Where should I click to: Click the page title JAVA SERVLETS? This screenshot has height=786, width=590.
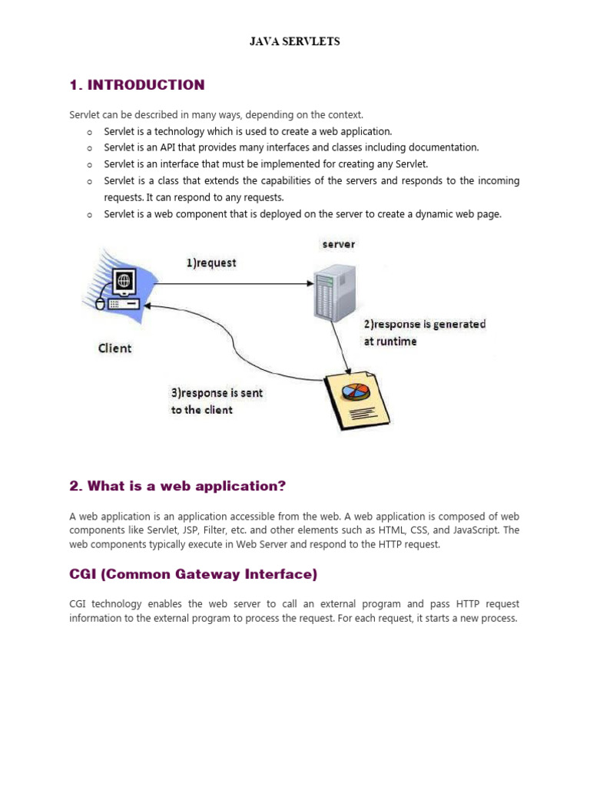294,41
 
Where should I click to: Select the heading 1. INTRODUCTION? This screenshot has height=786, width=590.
137,85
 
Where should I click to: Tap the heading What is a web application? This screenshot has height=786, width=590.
177,486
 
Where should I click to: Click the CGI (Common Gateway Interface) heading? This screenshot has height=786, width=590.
193,574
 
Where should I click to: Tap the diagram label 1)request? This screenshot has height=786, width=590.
211,263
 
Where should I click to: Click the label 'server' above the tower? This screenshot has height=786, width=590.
338,244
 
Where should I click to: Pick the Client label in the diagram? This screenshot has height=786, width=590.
114,348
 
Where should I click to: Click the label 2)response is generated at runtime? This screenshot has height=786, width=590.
424,332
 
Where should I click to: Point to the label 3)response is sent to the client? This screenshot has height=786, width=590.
216,401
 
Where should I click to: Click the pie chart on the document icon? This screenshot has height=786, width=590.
354,391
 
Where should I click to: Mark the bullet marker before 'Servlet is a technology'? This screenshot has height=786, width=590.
89,132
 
